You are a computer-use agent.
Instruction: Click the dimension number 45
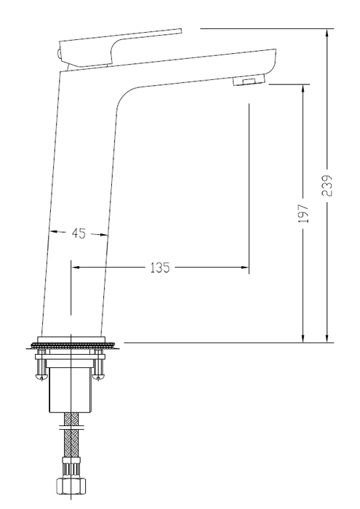coord(79,233)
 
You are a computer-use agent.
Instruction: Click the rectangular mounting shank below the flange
coord(70,389)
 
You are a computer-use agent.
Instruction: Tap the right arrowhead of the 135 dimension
coord(245,268)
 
